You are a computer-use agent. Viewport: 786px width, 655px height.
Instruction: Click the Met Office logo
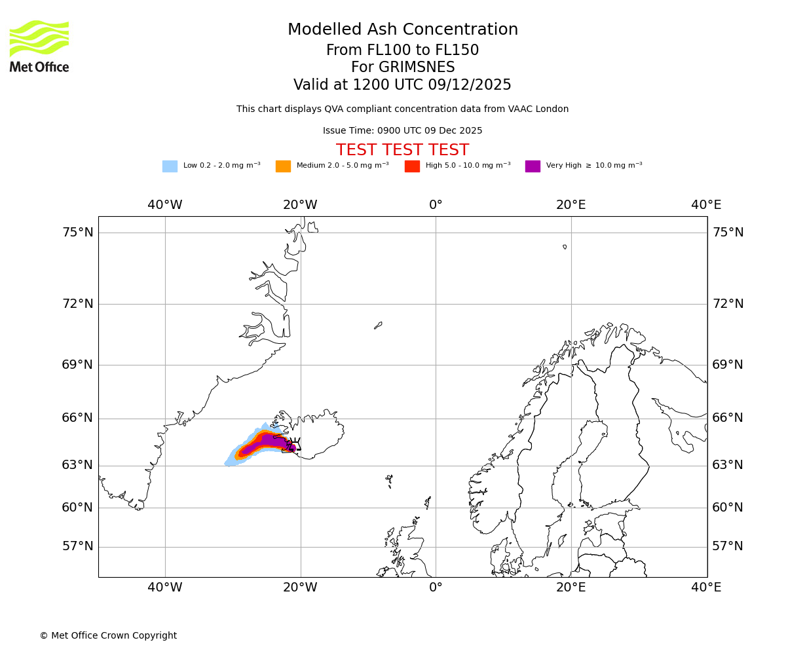pos(39,46)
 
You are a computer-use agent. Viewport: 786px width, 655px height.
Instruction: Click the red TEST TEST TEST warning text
pos(402,151)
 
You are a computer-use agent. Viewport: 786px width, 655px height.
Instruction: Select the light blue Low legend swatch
pos(170,166)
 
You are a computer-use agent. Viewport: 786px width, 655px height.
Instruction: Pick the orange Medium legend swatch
pos(283,166)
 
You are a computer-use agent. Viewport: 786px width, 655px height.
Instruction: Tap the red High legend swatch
pos(412,166)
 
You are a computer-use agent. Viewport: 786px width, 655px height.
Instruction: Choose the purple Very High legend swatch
pos(533,166)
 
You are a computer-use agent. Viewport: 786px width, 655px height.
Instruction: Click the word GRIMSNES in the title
pos(403,67)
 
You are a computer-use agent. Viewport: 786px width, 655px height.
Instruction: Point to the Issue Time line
pos(402,131)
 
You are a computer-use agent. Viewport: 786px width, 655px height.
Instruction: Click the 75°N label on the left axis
pos(77,233)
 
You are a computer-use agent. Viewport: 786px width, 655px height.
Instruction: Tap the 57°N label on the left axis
pos(77,546)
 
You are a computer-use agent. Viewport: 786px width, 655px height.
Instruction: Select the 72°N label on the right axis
pos(728,304)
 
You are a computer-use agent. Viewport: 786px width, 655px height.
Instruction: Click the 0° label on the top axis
pos(436,205)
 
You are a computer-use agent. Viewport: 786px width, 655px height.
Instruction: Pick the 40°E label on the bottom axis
pos(706,588)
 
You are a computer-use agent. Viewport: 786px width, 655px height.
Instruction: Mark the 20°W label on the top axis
pos(300,205)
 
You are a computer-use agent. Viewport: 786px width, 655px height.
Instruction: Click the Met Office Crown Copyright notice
pos(108,636)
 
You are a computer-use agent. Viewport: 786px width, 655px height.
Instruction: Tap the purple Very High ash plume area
pos(269,442)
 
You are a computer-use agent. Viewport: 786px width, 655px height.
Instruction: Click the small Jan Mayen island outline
pos(378,325)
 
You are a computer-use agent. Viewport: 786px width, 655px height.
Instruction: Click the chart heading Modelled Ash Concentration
pos(402,30)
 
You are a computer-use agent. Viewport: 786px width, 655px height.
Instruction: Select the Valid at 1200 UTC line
pos(402,85)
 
